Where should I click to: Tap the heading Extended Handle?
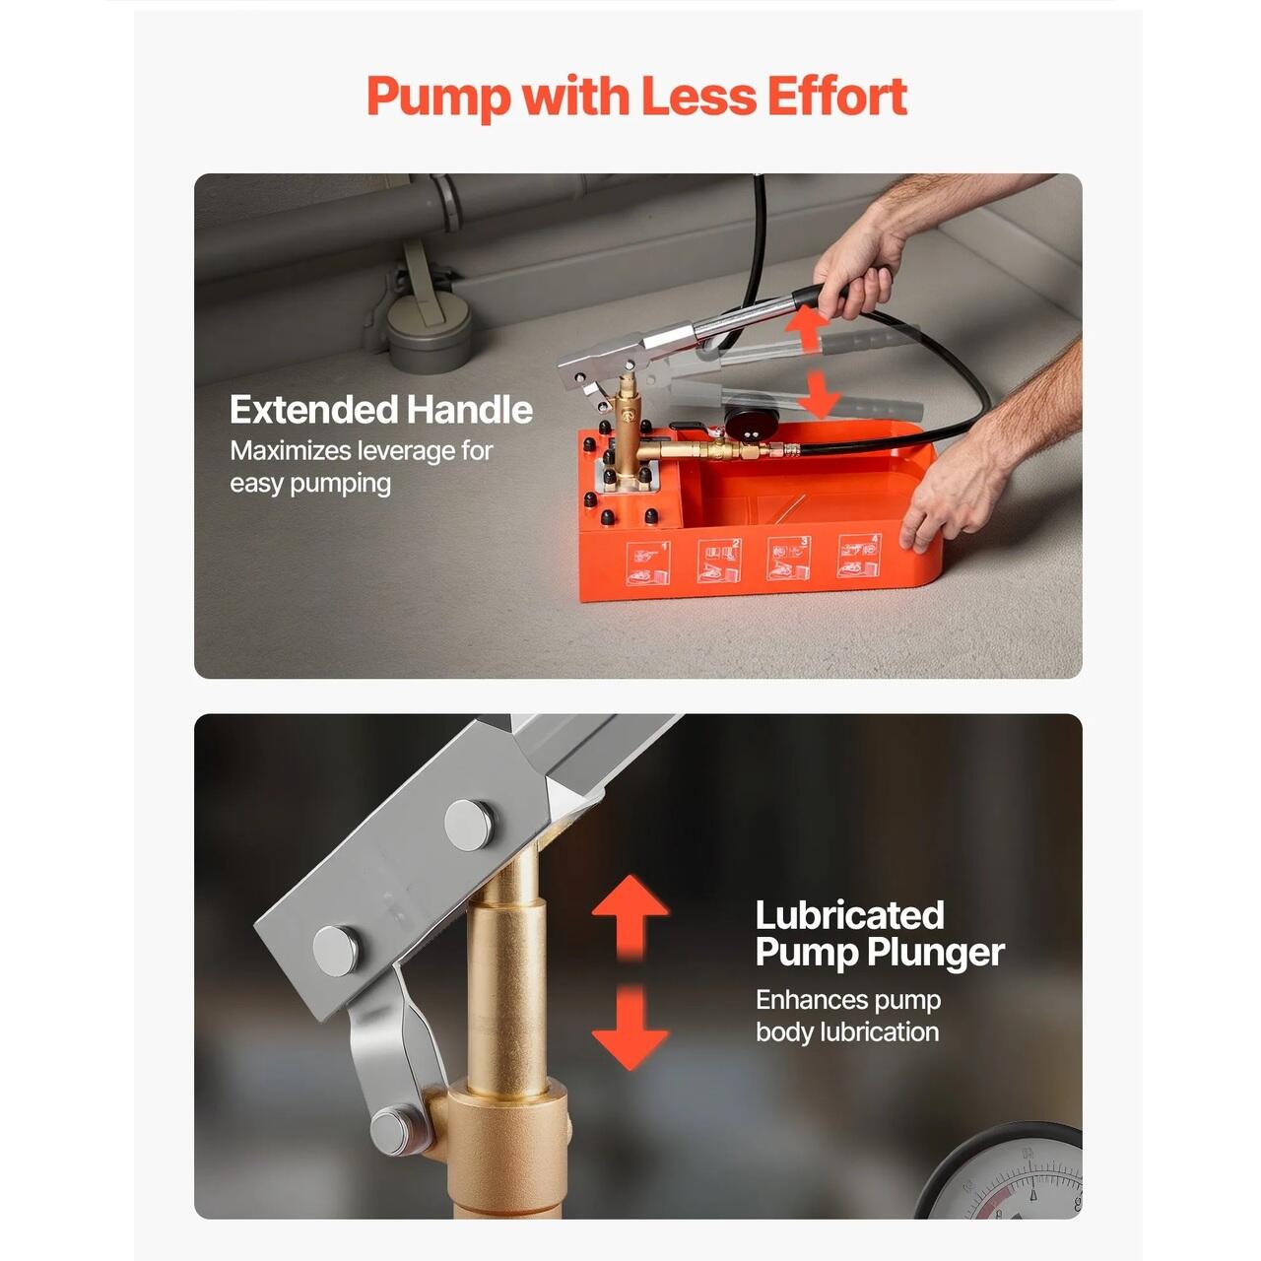381,410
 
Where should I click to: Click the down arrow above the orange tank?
819,395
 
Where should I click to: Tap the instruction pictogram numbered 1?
648,563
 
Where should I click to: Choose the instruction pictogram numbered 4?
859,557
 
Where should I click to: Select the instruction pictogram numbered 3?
788,559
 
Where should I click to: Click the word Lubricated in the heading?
849,914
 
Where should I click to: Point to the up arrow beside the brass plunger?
630,916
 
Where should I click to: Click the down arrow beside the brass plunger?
630,1029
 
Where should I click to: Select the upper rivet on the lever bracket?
470,825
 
